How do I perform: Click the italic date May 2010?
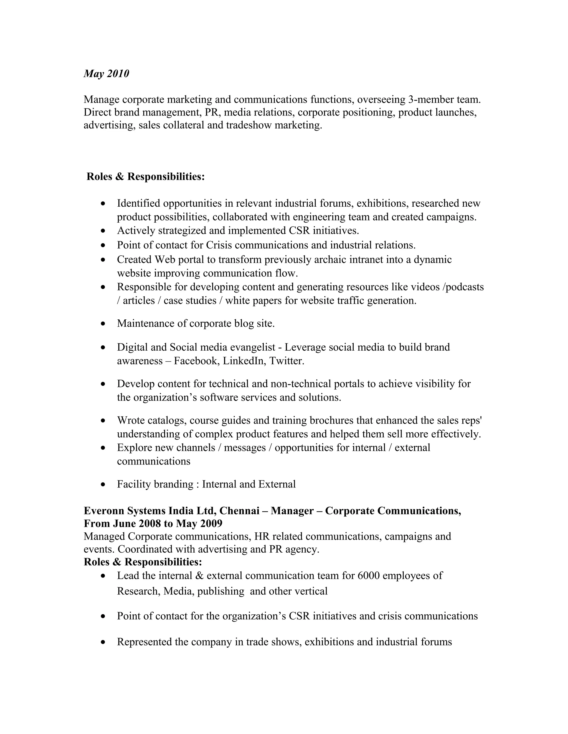[106, 74]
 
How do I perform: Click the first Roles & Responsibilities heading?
[145, 176]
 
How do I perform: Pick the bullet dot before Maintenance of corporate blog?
[103, 324]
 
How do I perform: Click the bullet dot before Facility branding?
[103, 484]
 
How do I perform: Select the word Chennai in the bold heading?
[239, 511]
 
